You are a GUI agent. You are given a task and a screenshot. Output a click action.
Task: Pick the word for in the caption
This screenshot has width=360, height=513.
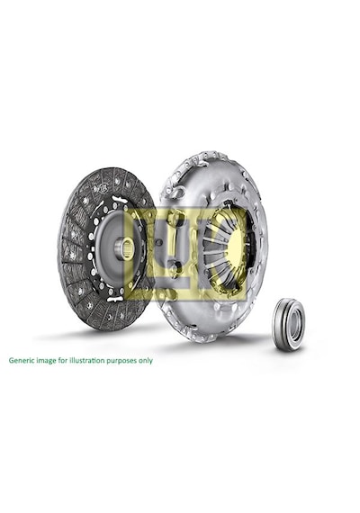[62, 361]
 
